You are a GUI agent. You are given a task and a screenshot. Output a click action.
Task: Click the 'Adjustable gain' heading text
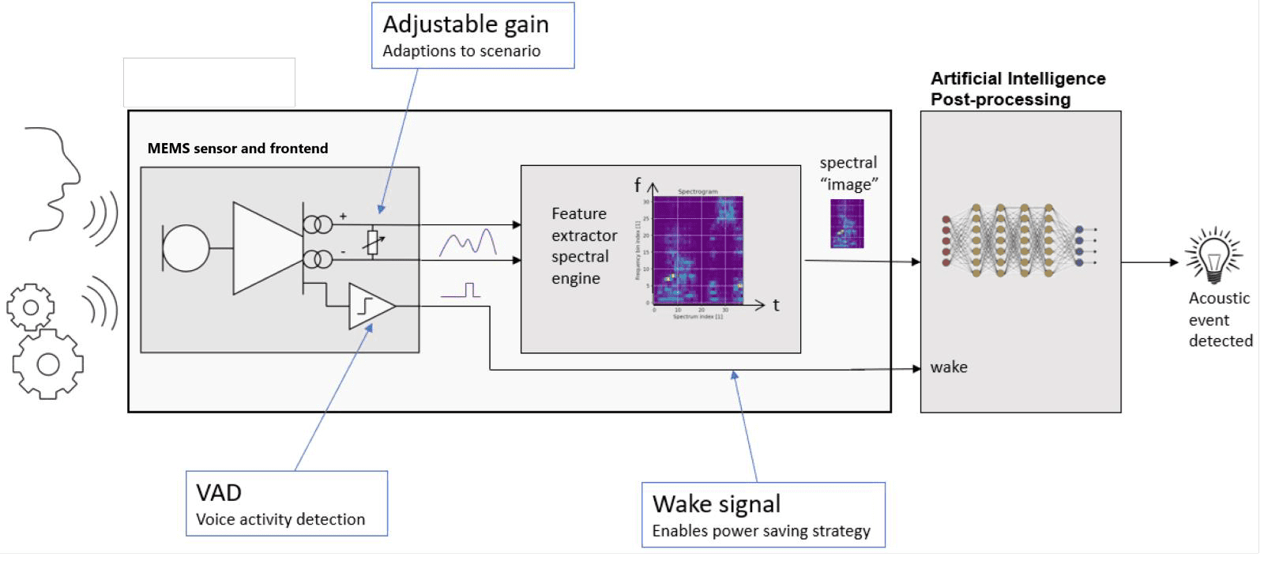click(x=465, y=24)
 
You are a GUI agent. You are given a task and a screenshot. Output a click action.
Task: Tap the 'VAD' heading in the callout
click(x=219, y=493)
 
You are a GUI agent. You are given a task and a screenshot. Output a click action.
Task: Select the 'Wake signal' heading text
click(x=717, y=504)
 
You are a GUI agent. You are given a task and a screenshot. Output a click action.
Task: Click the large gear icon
click(x=47, y=363)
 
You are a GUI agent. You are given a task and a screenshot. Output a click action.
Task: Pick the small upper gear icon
click(x=31, y=307)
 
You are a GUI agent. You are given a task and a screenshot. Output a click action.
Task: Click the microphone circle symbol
click(x=186, y=248)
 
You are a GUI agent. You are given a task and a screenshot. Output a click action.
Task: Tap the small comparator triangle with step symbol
click(x=370, y=305)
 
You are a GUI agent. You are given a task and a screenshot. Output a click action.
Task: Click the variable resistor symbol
click(x=373, y=243)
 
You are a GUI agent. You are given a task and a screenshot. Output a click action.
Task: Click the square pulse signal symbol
click(x=462, y=290)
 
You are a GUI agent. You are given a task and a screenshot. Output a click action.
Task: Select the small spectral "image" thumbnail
click(x=847, y=224)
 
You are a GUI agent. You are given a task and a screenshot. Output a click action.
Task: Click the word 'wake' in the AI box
click(x=949, y=367)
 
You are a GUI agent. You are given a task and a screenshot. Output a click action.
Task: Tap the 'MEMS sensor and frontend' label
click(x=238, y=149)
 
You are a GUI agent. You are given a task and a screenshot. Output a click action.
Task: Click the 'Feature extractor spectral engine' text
click(x=584, y=246)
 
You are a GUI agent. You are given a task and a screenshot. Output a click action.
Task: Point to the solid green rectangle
click(x=209, y=82)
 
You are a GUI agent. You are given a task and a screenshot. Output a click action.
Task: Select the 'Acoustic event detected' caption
click(x=1220, y=319)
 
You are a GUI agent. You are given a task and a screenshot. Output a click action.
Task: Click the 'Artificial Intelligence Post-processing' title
click(x=1018, y=88)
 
